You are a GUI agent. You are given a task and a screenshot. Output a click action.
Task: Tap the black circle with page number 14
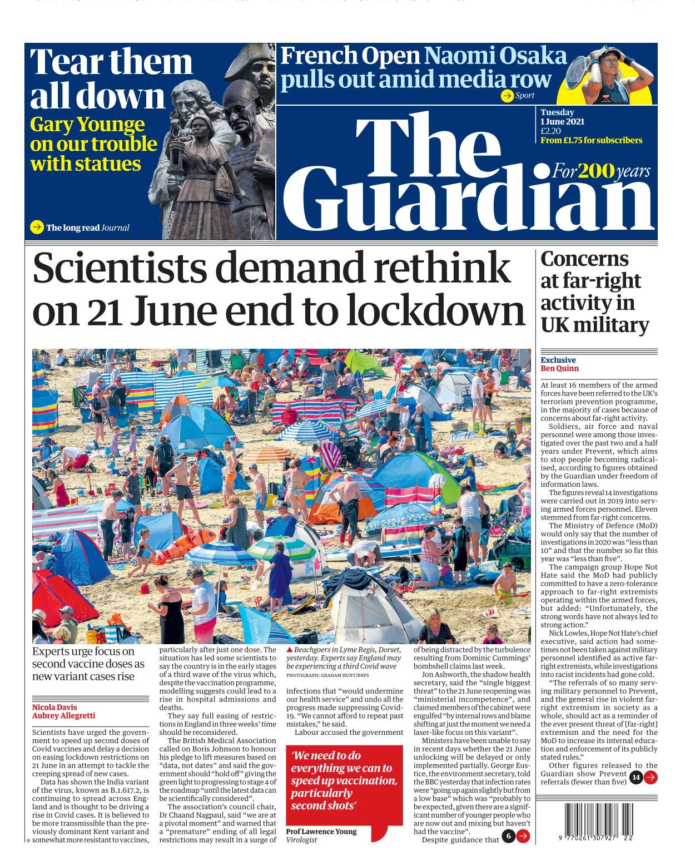636,777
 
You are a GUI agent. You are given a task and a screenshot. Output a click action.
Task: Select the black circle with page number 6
508,836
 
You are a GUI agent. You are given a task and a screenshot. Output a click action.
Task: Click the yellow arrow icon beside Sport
507,96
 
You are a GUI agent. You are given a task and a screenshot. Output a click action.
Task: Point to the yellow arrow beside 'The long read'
37,227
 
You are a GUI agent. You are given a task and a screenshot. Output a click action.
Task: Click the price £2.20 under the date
550,131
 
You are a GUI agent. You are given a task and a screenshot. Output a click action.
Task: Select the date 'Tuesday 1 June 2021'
562,117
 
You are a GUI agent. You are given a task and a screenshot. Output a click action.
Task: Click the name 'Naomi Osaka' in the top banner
495,56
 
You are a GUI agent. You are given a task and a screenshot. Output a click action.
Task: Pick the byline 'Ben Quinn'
559,368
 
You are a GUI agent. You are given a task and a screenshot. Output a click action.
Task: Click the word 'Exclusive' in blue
558,360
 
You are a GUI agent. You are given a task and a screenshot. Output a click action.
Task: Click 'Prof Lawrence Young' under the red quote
321,831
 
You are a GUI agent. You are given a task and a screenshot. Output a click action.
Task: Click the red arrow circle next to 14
651,777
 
